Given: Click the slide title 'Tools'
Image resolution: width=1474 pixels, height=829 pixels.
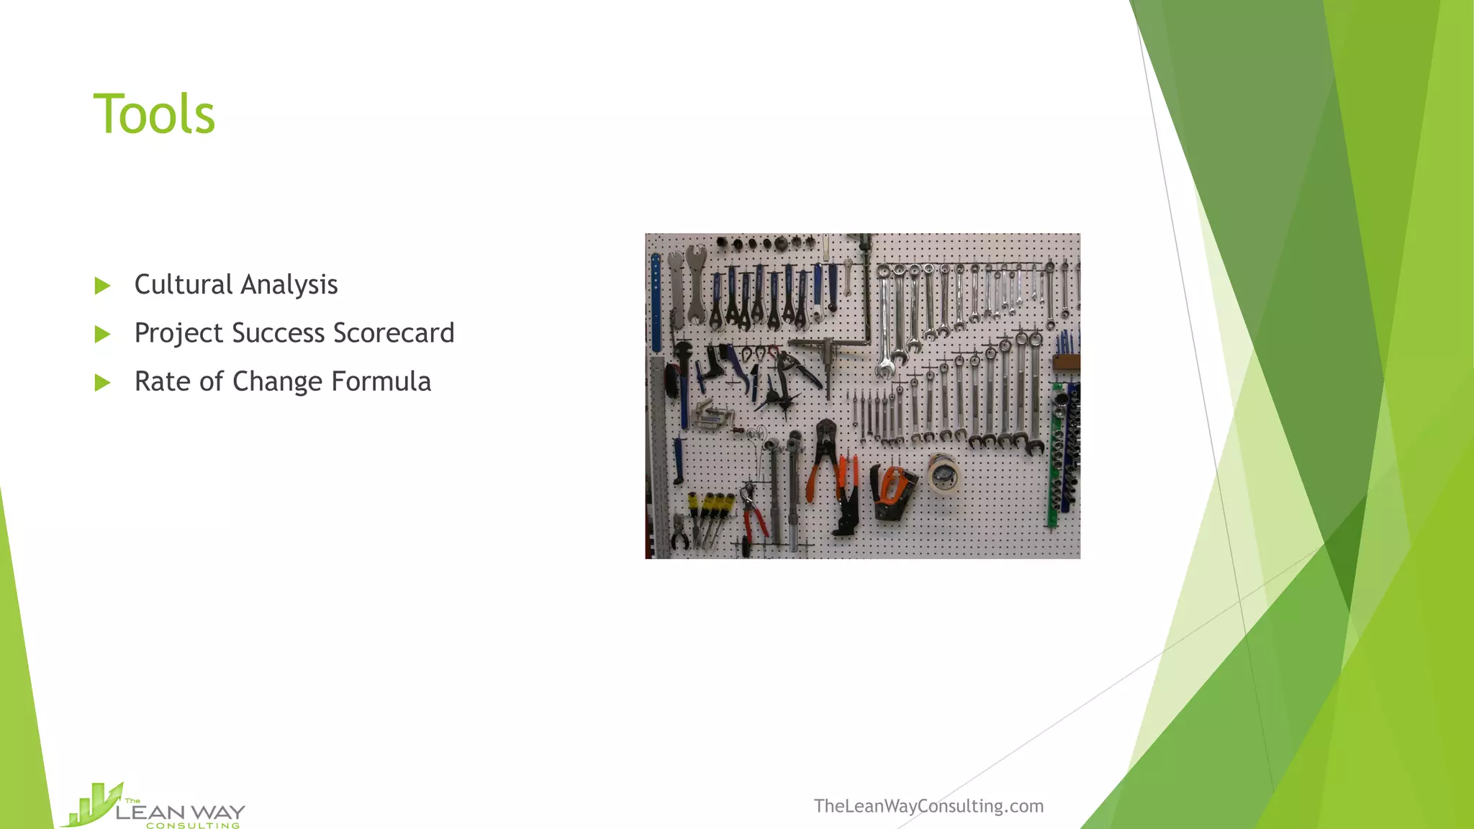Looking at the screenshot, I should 154,114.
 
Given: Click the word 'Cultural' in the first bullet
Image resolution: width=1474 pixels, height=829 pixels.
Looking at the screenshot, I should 183,284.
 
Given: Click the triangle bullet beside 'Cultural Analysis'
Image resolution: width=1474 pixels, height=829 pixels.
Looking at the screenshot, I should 102,286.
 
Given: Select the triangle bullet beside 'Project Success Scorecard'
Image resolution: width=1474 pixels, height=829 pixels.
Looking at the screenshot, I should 102,334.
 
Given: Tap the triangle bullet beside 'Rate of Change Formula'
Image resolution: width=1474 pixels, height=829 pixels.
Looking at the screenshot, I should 102,382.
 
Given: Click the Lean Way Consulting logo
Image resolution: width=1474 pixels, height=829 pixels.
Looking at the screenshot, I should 155,807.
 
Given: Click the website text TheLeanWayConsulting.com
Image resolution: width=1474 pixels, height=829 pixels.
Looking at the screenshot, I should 928,806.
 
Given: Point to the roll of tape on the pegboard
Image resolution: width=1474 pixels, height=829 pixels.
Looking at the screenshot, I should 942,474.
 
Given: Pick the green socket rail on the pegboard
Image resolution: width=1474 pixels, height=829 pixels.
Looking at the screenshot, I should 1056,453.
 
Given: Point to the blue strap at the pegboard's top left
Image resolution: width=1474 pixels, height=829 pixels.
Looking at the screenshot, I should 656,302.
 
